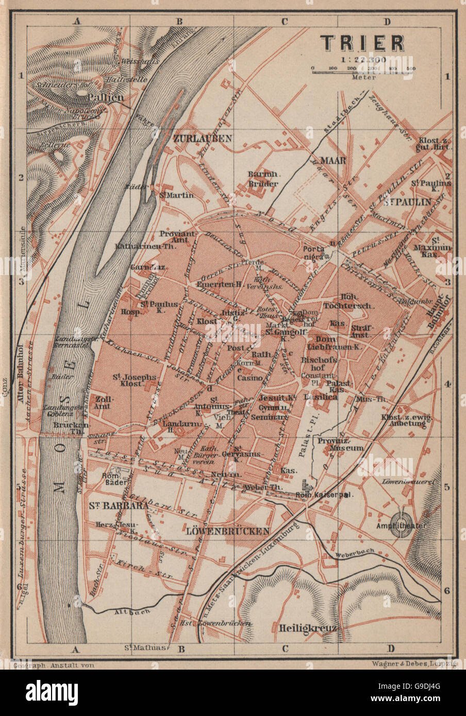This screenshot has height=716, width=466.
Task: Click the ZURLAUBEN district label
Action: (x=203, y=139)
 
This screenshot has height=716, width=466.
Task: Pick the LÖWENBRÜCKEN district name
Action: (x=228, y=531)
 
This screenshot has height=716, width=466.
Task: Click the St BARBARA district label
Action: (x=111, y=505)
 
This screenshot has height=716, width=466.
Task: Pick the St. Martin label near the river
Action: (x=177, y=195)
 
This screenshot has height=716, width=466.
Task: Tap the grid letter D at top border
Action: (x=388, y=21)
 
